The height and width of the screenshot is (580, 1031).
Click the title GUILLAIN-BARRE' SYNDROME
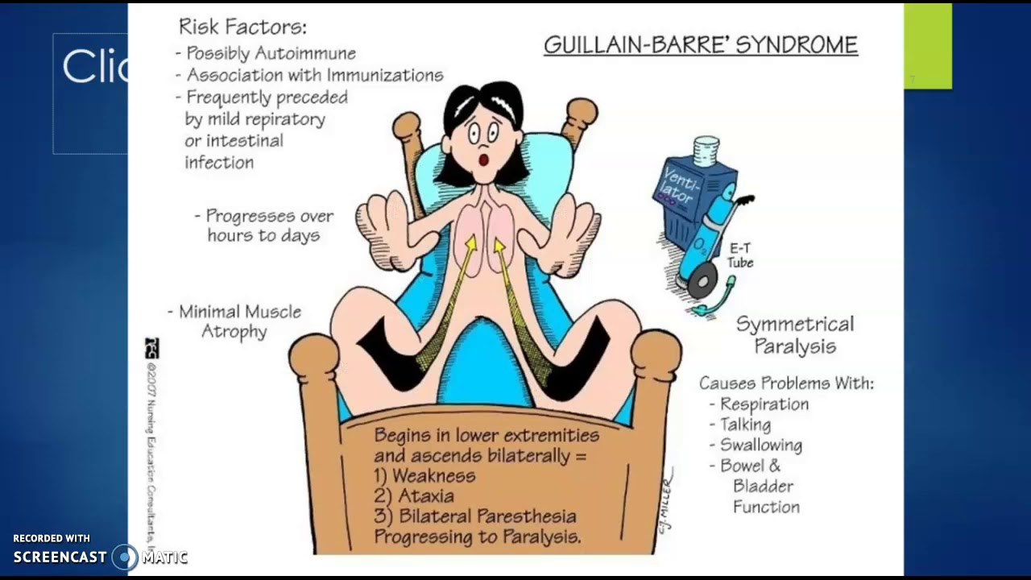coord(700,45)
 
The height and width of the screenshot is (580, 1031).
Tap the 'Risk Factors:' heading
coord(242,27)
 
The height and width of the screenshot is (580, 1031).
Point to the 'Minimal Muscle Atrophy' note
coord(234,321)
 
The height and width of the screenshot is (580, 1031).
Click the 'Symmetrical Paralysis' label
coord(794,335)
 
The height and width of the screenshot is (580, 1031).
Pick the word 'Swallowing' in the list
coord(760,445)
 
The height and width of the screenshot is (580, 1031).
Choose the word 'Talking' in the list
coord(745,425)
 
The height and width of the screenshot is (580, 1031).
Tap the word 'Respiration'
coord(764,404)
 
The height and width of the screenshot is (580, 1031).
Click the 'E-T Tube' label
coord(740,256)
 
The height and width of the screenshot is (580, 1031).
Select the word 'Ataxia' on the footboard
coord(425,495)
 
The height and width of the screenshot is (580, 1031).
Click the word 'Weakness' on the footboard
coord(433,475)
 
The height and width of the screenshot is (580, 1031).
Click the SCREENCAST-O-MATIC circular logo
coord(125,557)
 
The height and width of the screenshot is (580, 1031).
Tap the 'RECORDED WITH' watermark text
coord(52,538)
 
